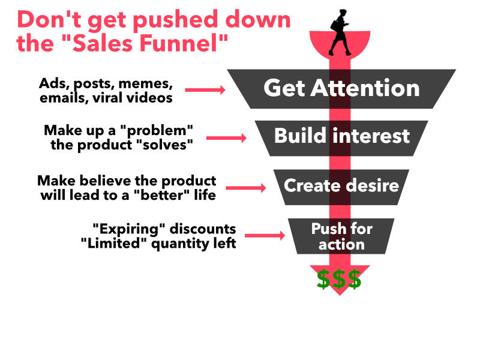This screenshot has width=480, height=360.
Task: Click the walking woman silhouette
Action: [x=340, y=33]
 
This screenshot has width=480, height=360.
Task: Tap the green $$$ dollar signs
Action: [x=339, y=279]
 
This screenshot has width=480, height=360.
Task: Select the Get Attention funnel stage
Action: [x=341, y=89]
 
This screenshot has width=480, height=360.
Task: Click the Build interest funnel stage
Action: [x=341, y=136]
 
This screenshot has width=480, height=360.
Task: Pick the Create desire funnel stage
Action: [x=341, y=185]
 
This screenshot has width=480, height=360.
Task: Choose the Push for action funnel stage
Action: [x=341, y=236]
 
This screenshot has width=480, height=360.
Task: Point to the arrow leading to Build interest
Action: [x=226, y=137]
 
